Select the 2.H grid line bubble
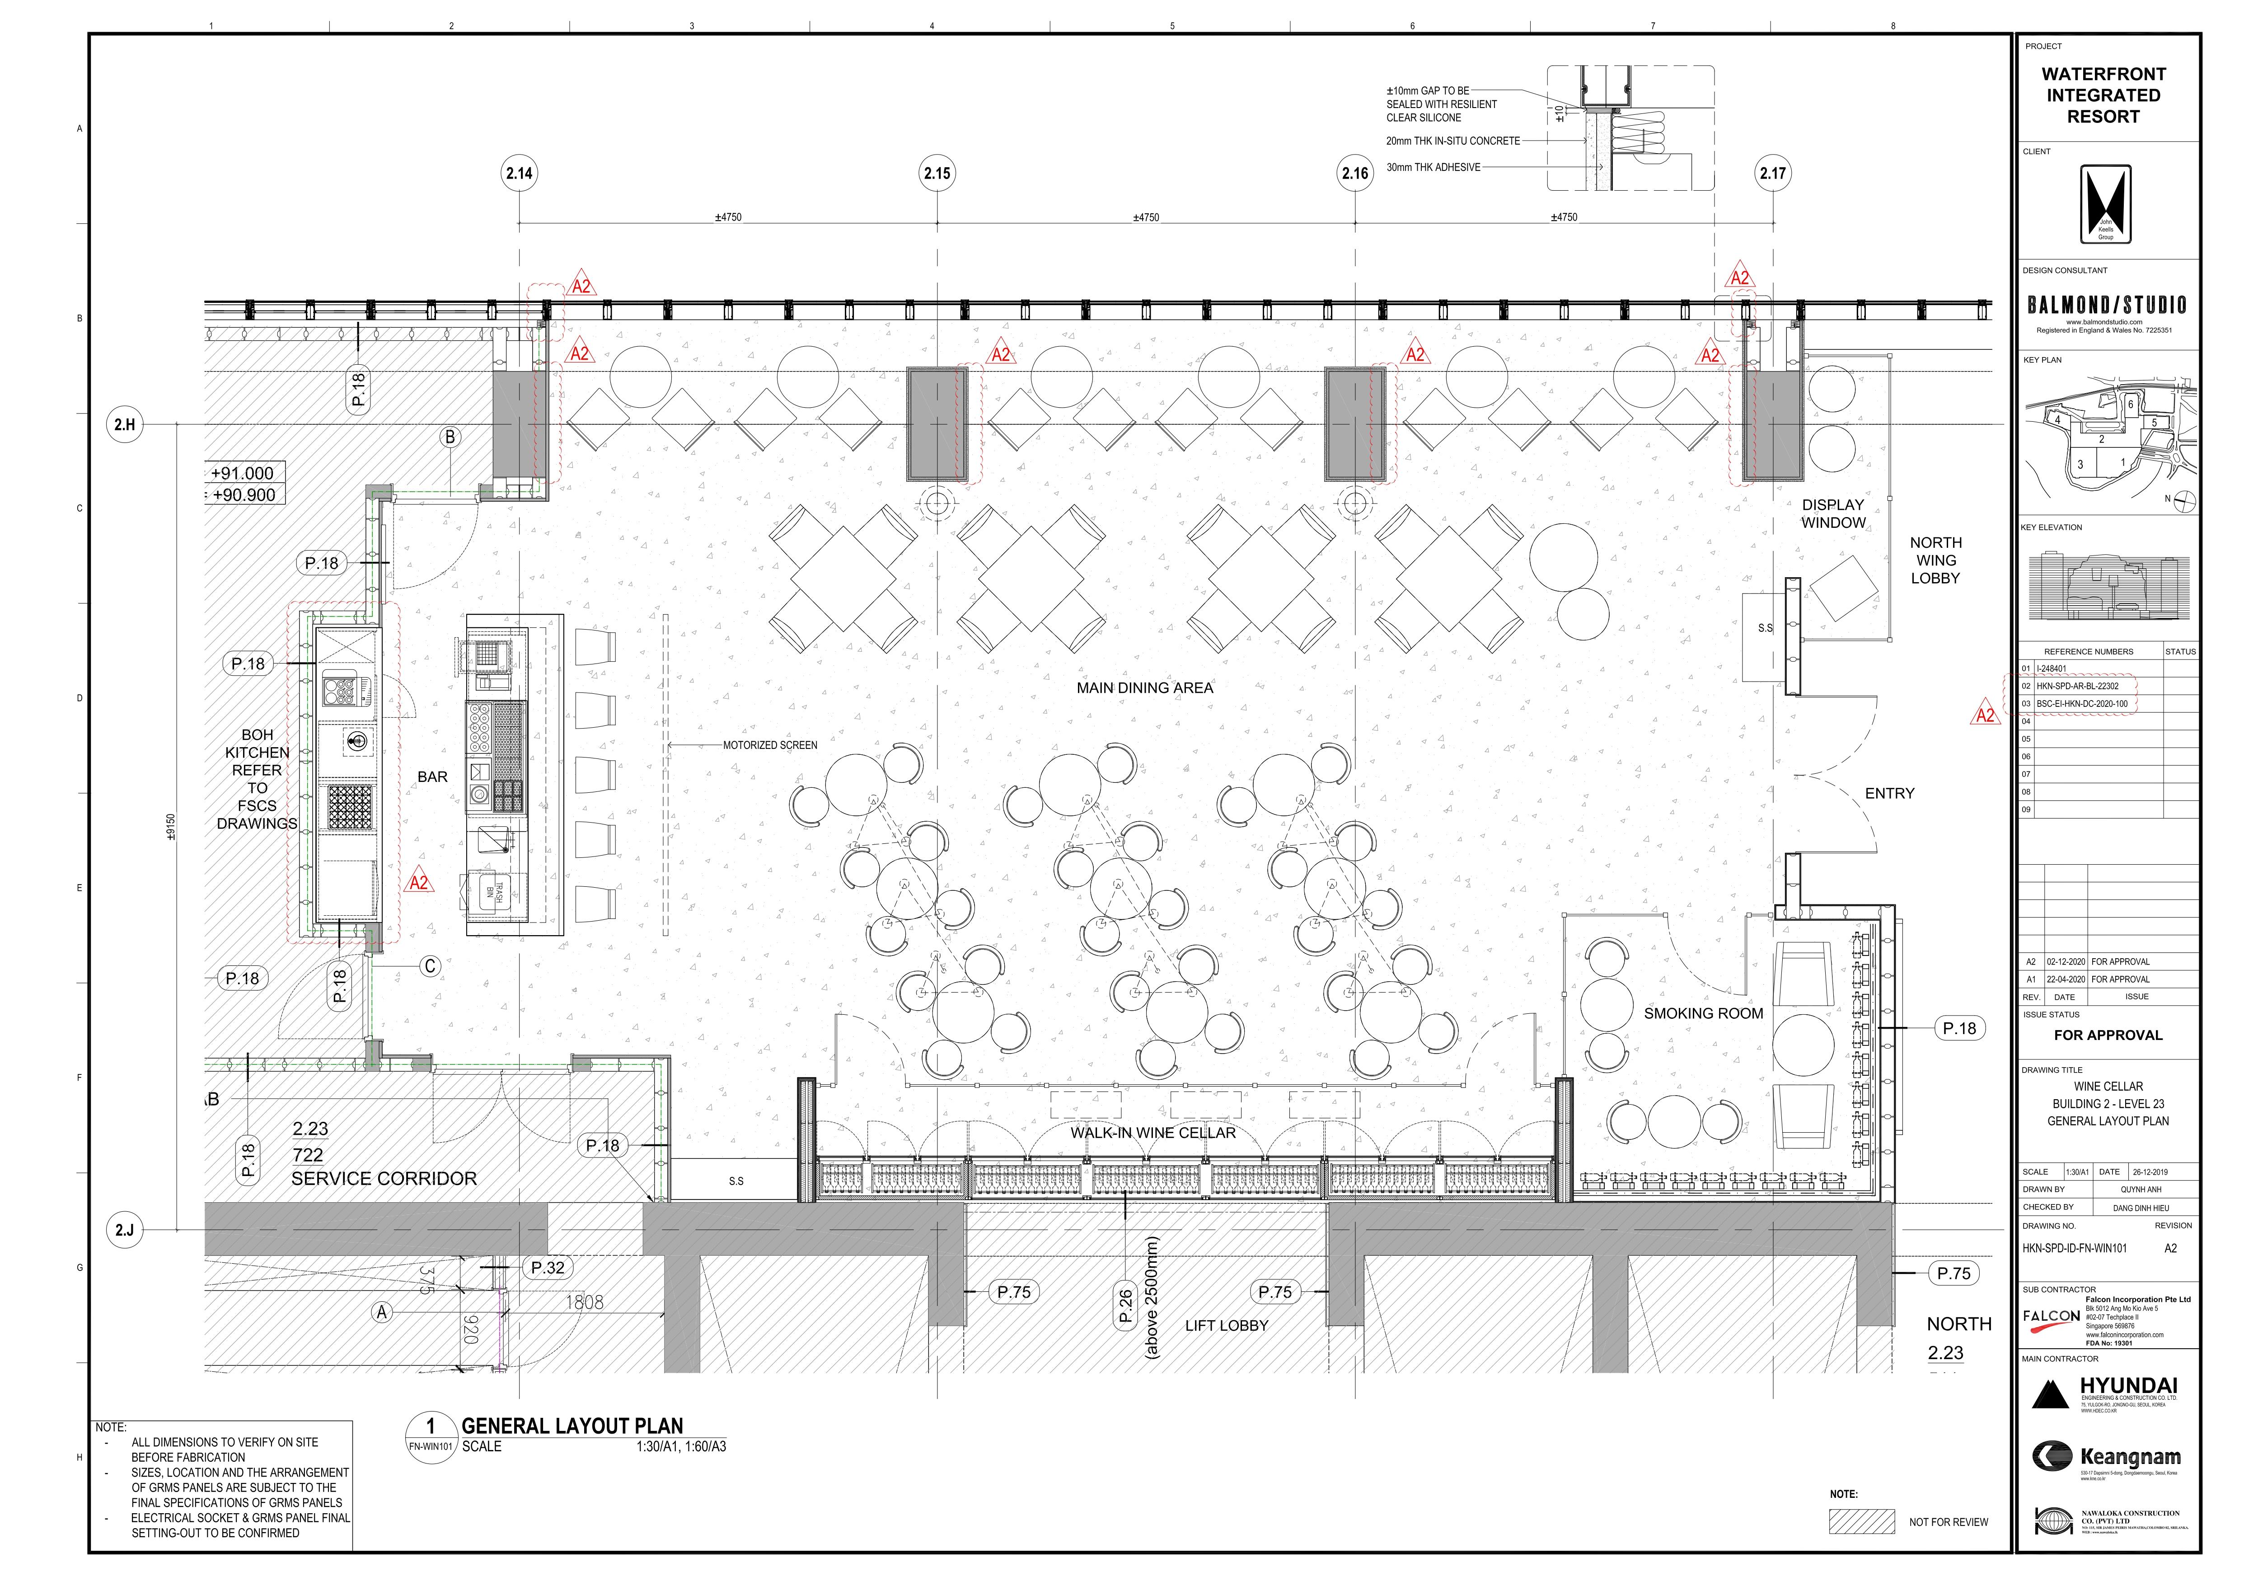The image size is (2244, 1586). point(124,424)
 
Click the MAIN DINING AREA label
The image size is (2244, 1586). point(1144,687)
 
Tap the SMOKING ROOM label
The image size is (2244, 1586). point(1704,1013)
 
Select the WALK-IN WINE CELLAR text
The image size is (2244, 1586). point(1152,1132)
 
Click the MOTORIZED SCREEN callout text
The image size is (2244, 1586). point(770,745)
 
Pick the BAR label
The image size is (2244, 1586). point(432,777)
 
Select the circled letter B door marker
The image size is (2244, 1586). point(450,437)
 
